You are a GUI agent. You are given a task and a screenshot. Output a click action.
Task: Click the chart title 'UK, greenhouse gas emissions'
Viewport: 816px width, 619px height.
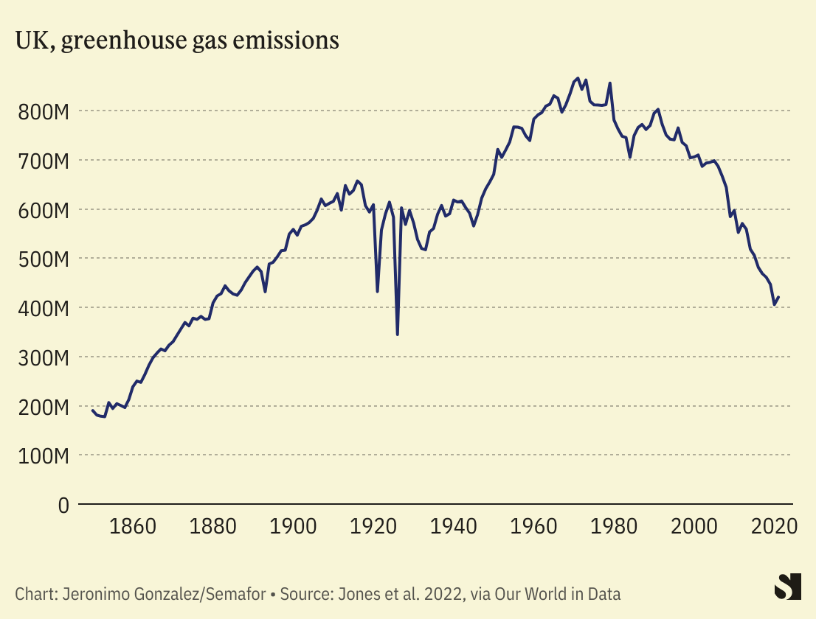point(177,41)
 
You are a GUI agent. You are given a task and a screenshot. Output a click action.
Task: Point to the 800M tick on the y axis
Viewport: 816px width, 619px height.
point(43,112)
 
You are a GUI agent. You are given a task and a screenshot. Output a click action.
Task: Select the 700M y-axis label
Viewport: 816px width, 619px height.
point(43,161)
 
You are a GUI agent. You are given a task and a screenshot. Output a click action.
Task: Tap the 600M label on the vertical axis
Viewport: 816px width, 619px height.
point(43,210)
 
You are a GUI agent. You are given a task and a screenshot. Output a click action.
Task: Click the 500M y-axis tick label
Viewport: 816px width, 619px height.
point(43,259)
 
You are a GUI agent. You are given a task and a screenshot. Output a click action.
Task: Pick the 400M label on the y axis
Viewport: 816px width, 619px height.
point(43,308)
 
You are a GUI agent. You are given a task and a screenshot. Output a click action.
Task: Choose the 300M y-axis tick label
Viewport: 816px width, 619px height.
point(43,357)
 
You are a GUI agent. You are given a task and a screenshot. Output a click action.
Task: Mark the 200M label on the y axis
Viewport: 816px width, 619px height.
point(43,407)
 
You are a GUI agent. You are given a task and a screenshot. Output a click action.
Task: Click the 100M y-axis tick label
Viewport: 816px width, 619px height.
point(43,456)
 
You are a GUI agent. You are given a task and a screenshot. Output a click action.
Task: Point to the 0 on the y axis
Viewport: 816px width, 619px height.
point(63,506)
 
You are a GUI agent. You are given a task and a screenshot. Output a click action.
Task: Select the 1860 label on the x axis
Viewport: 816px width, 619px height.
point(133,527)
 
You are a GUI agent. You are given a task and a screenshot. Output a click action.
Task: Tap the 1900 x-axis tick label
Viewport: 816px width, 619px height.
point(294,527)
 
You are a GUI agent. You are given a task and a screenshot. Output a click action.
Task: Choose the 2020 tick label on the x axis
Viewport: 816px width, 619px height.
point(774,527)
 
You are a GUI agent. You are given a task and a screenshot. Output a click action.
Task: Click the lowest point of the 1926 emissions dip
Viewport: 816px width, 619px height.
point(398,335)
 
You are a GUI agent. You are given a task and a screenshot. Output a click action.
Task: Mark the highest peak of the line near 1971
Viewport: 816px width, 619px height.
point(578,77)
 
